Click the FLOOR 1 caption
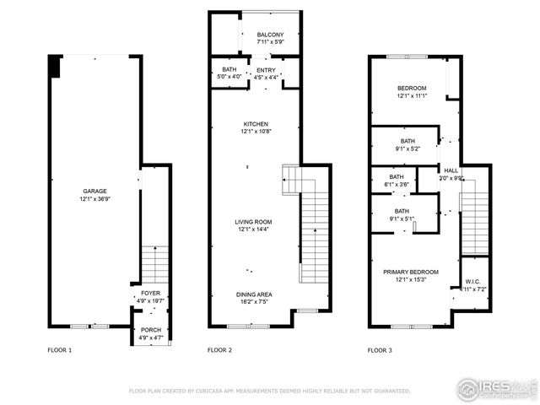click(59, 349)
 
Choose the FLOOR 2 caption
click(219, 349)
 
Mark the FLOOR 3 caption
click(381, 349)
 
